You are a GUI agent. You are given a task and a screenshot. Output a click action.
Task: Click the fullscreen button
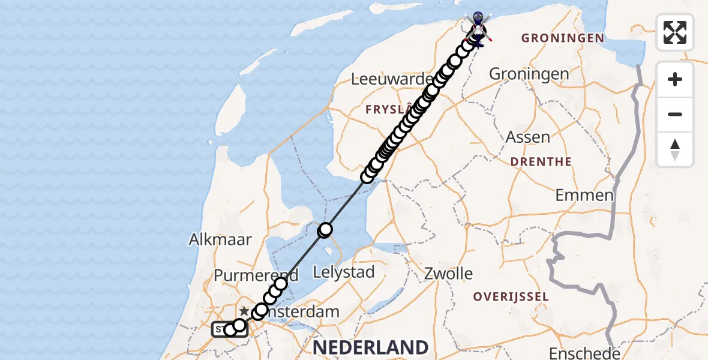(x=675, y=32)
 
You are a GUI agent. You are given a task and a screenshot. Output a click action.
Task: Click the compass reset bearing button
(x=675, y=149)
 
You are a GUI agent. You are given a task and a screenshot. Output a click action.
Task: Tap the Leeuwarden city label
(x=392, y=79)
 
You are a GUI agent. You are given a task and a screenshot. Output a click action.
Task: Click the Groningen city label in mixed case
(x=529, y=74)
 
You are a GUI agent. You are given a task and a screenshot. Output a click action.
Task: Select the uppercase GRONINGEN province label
(x=562, y=38)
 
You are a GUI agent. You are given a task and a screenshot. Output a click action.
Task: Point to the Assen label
(x=528, y=137)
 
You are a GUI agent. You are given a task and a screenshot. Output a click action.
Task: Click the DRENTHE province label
(x=541, y=162)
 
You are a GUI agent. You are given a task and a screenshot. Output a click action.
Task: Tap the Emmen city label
(x=584, y=195)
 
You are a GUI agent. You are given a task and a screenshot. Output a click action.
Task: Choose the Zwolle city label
(x=449, y=274)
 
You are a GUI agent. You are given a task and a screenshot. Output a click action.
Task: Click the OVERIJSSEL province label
(x=511, y=296)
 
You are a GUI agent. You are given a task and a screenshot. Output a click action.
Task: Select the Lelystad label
(x=344, y=272)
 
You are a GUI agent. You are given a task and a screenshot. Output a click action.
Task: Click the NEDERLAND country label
(x=370, y=347)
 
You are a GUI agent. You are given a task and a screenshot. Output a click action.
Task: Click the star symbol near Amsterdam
(x=244, y=311)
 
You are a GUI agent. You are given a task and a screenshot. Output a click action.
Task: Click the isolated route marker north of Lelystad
(x=325, y=229)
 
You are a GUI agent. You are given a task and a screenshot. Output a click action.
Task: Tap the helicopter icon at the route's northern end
(x=478, y=28)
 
